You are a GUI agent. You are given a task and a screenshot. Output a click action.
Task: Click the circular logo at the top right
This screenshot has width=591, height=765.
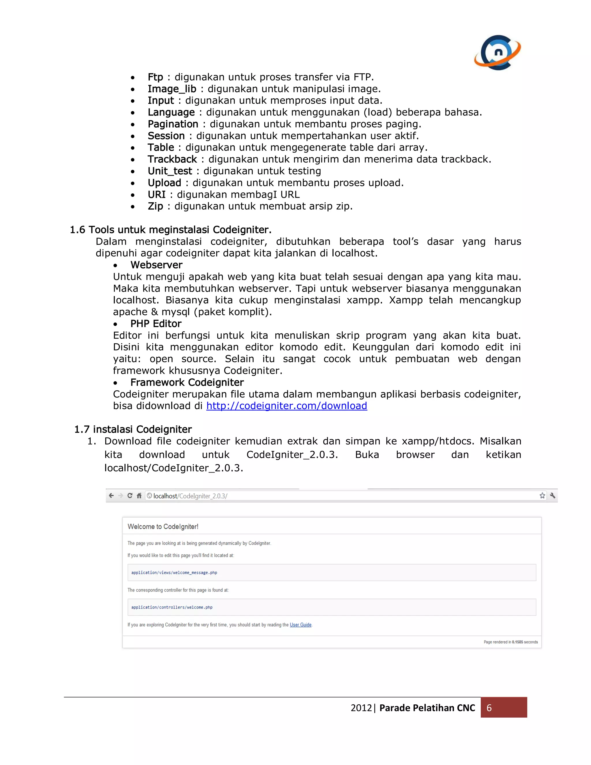point(498,53)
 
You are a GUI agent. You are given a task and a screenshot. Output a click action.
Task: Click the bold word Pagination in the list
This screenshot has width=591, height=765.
point(173,124)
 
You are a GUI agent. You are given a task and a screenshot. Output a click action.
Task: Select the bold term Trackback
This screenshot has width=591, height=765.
point(172,159)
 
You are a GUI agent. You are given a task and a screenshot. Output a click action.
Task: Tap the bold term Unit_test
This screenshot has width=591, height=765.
point(169,171)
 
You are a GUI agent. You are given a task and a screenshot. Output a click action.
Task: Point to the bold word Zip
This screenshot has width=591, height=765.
point(155,206)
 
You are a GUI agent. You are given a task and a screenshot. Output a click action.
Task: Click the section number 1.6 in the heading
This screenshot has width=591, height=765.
point(77,230)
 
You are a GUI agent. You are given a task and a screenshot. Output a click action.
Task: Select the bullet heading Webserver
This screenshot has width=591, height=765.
point(156,265)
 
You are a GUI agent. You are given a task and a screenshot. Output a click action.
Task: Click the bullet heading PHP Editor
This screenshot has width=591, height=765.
point(156,324)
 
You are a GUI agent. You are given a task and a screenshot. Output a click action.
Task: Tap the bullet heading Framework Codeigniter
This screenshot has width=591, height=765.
point(187,382)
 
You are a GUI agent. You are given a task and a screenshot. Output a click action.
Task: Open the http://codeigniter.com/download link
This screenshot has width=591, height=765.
point(286,406)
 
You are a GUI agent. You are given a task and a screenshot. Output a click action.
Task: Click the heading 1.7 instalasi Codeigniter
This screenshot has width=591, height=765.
point(133,430)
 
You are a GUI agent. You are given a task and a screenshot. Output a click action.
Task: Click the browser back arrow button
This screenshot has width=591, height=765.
point(111,496)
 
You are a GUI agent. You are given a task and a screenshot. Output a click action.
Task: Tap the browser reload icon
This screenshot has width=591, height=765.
point(130,496)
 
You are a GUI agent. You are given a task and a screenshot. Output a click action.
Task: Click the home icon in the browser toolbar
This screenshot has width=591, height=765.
point(139,496)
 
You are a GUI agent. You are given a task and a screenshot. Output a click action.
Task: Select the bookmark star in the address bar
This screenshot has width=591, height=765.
point(542,496)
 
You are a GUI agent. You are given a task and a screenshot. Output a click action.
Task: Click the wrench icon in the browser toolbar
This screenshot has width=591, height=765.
point(553,496)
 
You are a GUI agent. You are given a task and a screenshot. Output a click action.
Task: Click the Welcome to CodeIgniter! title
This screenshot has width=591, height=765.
point(163,527)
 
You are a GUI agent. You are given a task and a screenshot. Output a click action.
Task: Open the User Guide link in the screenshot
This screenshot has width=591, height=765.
point(300,625)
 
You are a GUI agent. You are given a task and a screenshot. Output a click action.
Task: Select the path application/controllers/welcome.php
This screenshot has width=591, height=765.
point(172,607)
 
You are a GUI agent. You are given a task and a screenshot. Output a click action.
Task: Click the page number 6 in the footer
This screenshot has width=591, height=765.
point(489,708)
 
